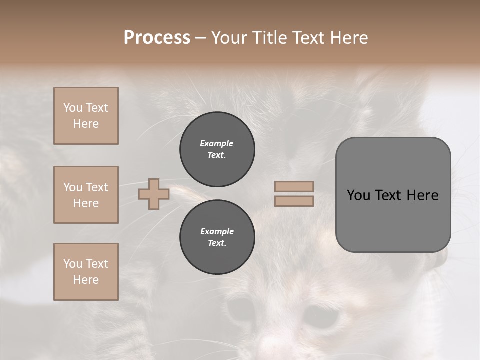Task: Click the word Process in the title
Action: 157,38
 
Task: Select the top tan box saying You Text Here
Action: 86,116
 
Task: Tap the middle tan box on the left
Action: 86,195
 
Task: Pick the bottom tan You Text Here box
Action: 86,272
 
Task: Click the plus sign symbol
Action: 154,194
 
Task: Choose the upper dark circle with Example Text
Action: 217,149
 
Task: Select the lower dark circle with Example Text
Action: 217,237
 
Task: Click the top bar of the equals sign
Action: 294,186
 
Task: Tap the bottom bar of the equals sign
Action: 294,201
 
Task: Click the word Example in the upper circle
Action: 217,143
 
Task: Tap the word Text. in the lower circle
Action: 217,243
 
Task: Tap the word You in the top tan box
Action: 73,108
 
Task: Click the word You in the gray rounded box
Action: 359,195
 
